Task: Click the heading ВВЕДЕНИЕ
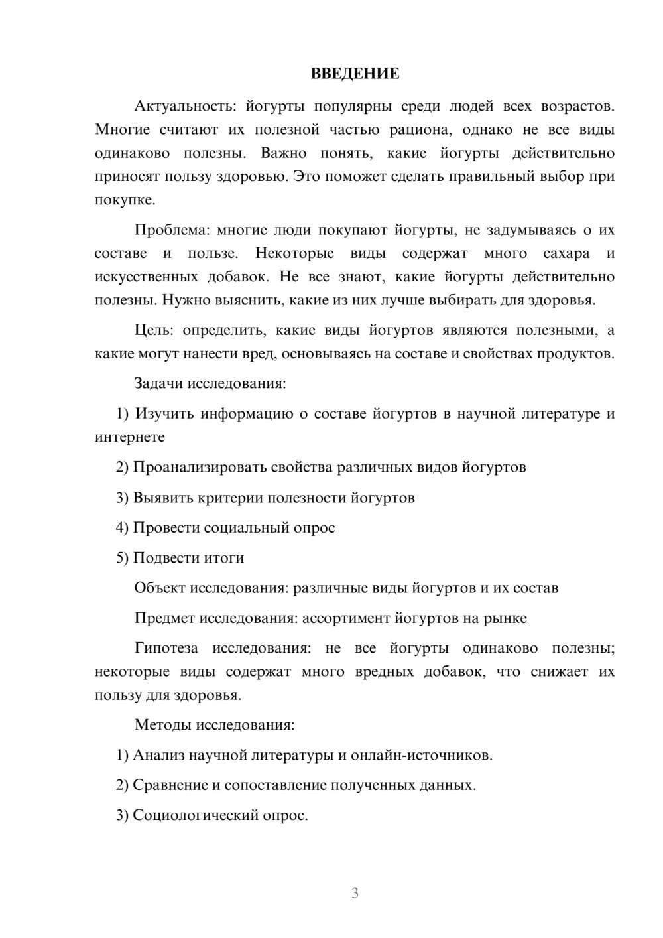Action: click(x=355, y=74)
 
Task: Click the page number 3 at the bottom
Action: click(x=355, y=893)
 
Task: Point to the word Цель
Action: click(x=154, y=330)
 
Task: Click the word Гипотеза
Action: click(x=167, y=648)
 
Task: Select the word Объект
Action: click(x=160, y=588)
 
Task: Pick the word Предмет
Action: click(x=164, y=618)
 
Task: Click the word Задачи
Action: click(x=159, y=383)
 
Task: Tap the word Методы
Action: click(x=162, y=724)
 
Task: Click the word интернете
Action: click(x=130, y=437)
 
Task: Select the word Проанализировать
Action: click(x=200, y=467)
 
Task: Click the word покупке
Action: click(x=125, y=200)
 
